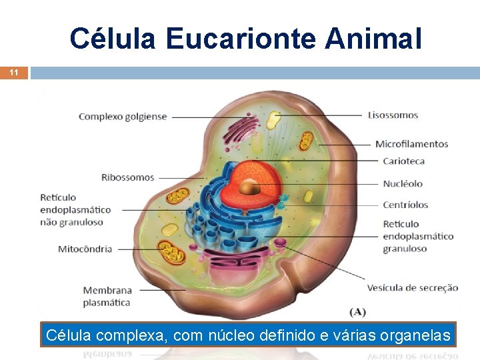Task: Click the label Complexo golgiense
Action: [x=123, y=117]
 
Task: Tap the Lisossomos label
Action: [x=393, y=115]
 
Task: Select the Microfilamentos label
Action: [x=411, y=144]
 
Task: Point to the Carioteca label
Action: [x=403, y=161]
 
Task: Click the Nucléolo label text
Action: [x=403, y=183]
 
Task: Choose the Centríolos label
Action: [x=405, y=205]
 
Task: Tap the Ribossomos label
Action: [x=127, y=177]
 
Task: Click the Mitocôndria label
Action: [x=85, y=249]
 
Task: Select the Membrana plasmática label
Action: [x=107, y=295]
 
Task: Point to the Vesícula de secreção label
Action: [x=412, y=288]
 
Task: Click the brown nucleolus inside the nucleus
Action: [x=250, y=187]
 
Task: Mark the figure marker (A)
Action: [x=357, y=311]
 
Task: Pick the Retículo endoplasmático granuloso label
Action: [x=418, y=236]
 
